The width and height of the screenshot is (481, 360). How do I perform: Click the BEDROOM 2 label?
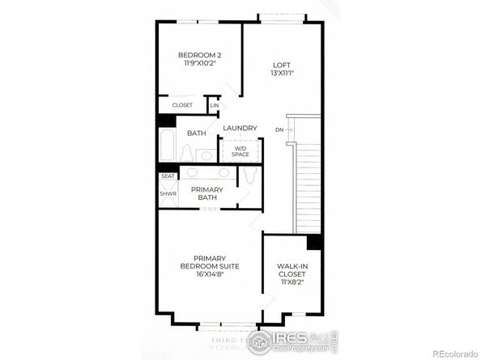pyautogui.click(x=199, y=55)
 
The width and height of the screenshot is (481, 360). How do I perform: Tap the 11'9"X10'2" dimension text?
pyautogui.click(x=199, y=63)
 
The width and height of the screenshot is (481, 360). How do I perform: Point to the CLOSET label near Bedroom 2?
pyautogui.click(x=181, y=105)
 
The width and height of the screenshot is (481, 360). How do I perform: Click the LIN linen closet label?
pyautogui.click(x=215, y=105)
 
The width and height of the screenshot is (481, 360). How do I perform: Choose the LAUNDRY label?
pyautogui.click(x=240, y=128)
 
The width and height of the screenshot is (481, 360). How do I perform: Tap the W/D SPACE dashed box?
pyautogui.click(x=240, y=150)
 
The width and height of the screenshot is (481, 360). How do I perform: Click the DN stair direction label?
pyautogui.click(x=279, y=129)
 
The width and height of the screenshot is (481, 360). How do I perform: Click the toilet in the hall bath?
pyautogui.click(x=187, y=153)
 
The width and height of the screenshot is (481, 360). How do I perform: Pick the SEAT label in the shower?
pyautogui.click(x=168, y=176)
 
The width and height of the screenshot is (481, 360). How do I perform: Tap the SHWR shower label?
pyautogui.click(x=168, y=193)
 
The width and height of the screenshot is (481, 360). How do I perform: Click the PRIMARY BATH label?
pyautogui.click(x=206, y=193)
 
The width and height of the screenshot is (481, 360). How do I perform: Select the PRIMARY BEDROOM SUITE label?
pyautogui.click(x=208, y=262)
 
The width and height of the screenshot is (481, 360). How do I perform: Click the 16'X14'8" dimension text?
pyautogui.click(x=208, y=274)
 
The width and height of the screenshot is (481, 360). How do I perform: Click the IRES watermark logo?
pyautogui.click(x=289, y=339)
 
